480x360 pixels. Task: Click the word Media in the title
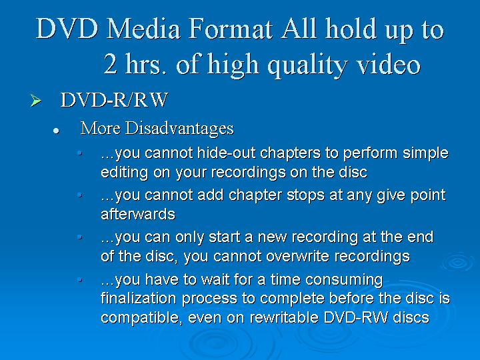coord(143,29)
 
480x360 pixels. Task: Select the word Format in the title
coord(231,29)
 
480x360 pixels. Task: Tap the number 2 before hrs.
coord(110,64)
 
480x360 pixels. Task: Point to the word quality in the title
coord(307,66)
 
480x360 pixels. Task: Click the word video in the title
coord(389,64)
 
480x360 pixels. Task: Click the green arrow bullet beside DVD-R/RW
coord(36,101)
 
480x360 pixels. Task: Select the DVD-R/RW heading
coord(114,100)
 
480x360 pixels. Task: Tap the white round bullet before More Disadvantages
coord(56,131)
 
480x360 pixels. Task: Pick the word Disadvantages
coord(179,129)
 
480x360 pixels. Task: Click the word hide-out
coord(226,153)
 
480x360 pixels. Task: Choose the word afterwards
coord(138,214)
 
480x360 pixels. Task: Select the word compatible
coord(142,318)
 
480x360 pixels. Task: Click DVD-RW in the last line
coord(355,317)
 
